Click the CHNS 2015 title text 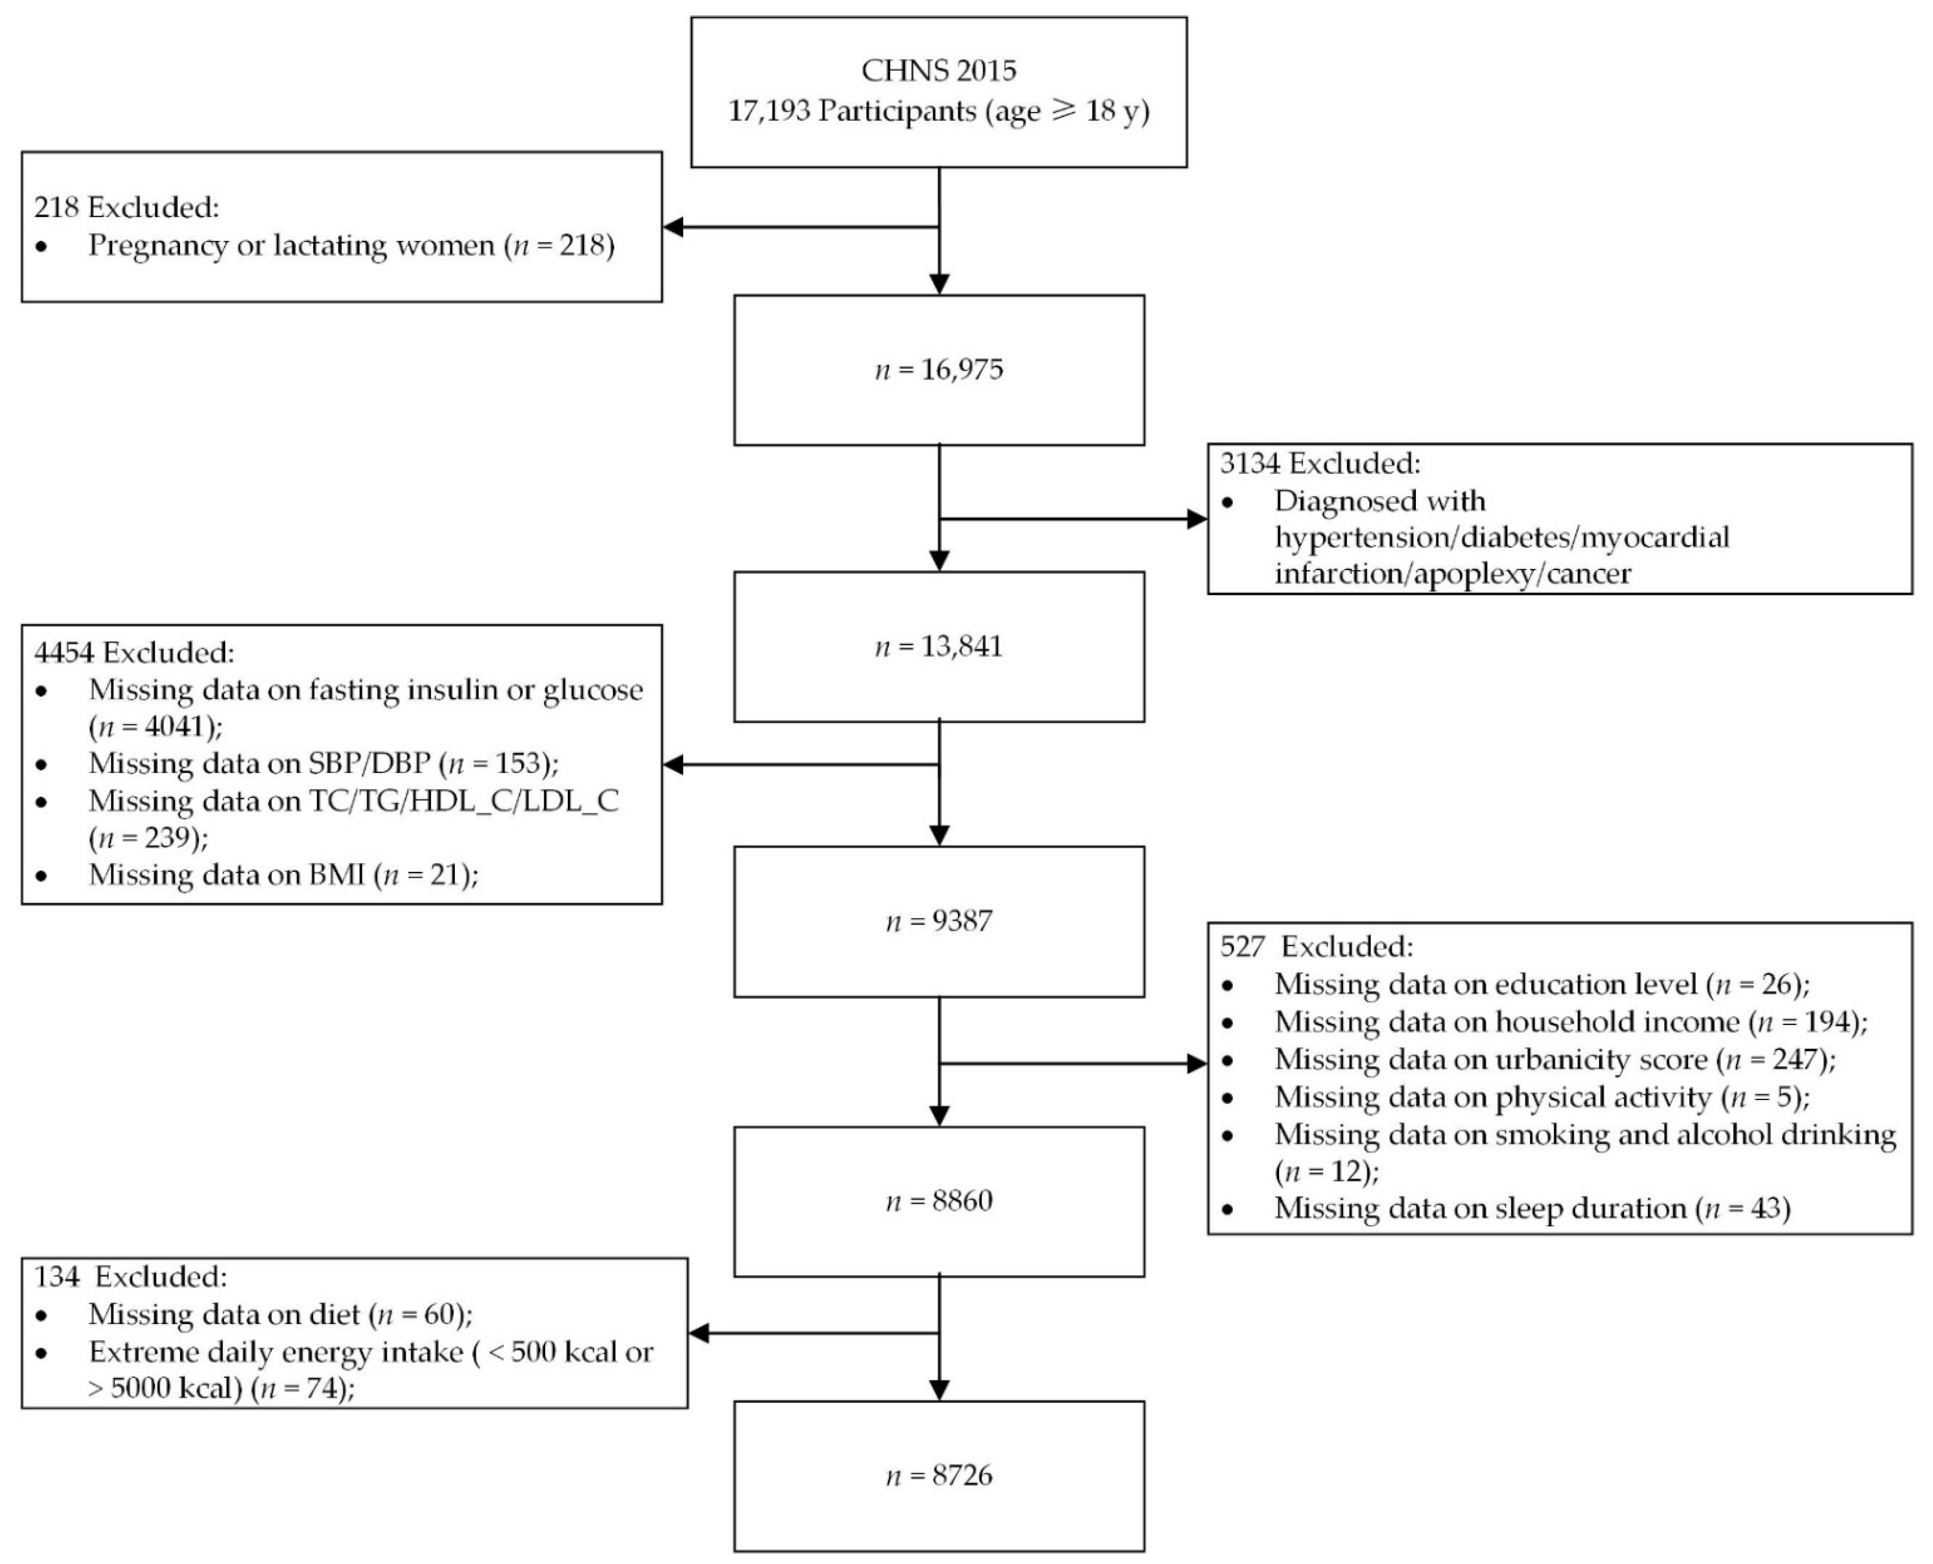[938, 70]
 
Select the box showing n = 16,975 [938, 369]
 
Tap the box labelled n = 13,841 [938, 646]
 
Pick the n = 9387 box [938, 921]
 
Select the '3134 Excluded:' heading [1320, 463]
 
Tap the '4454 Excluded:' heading [134, 651]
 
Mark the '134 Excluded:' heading [131, 1277]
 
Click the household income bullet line [1570, 1021]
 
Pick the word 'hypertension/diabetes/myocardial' [1502, 537]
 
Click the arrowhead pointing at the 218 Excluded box [674, 227]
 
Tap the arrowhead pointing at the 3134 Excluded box [1196, 519]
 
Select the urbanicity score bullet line [1554, 1060]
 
